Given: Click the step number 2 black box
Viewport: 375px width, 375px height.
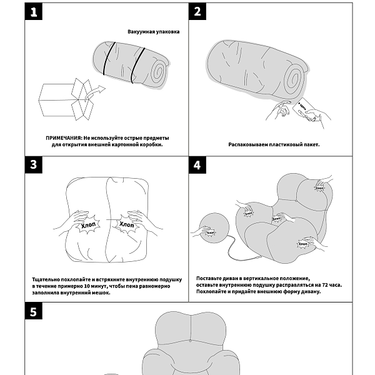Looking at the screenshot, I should point(197,12).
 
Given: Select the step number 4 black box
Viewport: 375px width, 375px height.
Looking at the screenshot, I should point(197,165).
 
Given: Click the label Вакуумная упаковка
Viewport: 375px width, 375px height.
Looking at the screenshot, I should point(153,31).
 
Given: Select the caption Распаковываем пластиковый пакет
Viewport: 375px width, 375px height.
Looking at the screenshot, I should point(274,144).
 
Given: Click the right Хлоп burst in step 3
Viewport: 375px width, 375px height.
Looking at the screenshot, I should point(126,224).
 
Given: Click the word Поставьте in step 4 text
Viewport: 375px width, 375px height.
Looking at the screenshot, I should point(209,277).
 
